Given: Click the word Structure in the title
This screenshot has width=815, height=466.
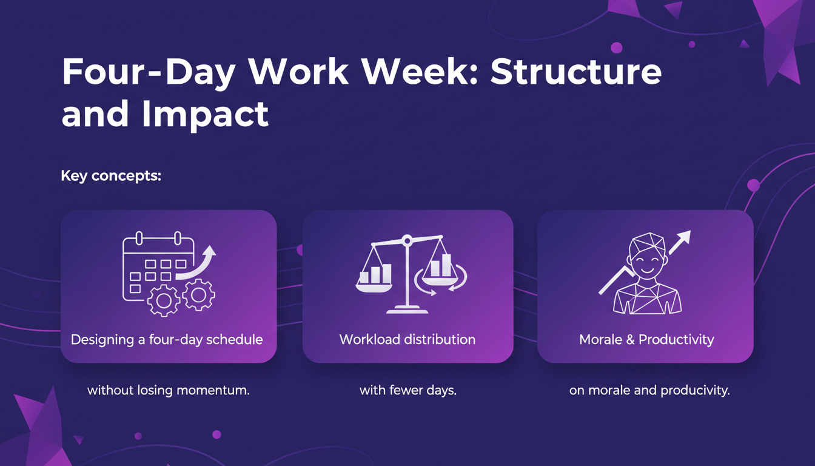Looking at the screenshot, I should point(575,73).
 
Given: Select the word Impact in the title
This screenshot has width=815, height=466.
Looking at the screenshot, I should point(206,114).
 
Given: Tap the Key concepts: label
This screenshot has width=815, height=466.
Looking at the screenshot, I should point(111,177).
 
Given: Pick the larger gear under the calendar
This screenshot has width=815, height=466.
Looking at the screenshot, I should point(164,300).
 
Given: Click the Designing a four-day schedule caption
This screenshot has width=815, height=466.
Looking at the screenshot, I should point(167,339).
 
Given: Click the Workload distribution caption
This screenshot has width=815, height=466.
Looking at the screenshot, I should point(407,339).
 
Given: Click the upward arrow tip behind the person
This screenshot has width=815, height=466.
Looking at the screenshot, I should point(685,235).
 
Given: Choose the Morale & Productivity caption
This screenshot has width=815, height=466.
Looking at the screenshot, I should point(646,339).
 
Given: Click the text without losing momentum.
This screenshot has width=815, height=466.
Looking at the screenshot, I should point(169,390).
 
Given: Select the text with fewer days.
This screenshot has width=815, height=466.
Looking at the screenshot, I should point(407,390).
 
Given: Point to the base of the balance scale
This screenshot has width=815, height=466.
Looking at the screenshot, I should point(407,310).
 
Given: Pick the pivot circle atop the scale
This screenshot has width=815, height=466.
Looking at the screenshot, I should point(407,241).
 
